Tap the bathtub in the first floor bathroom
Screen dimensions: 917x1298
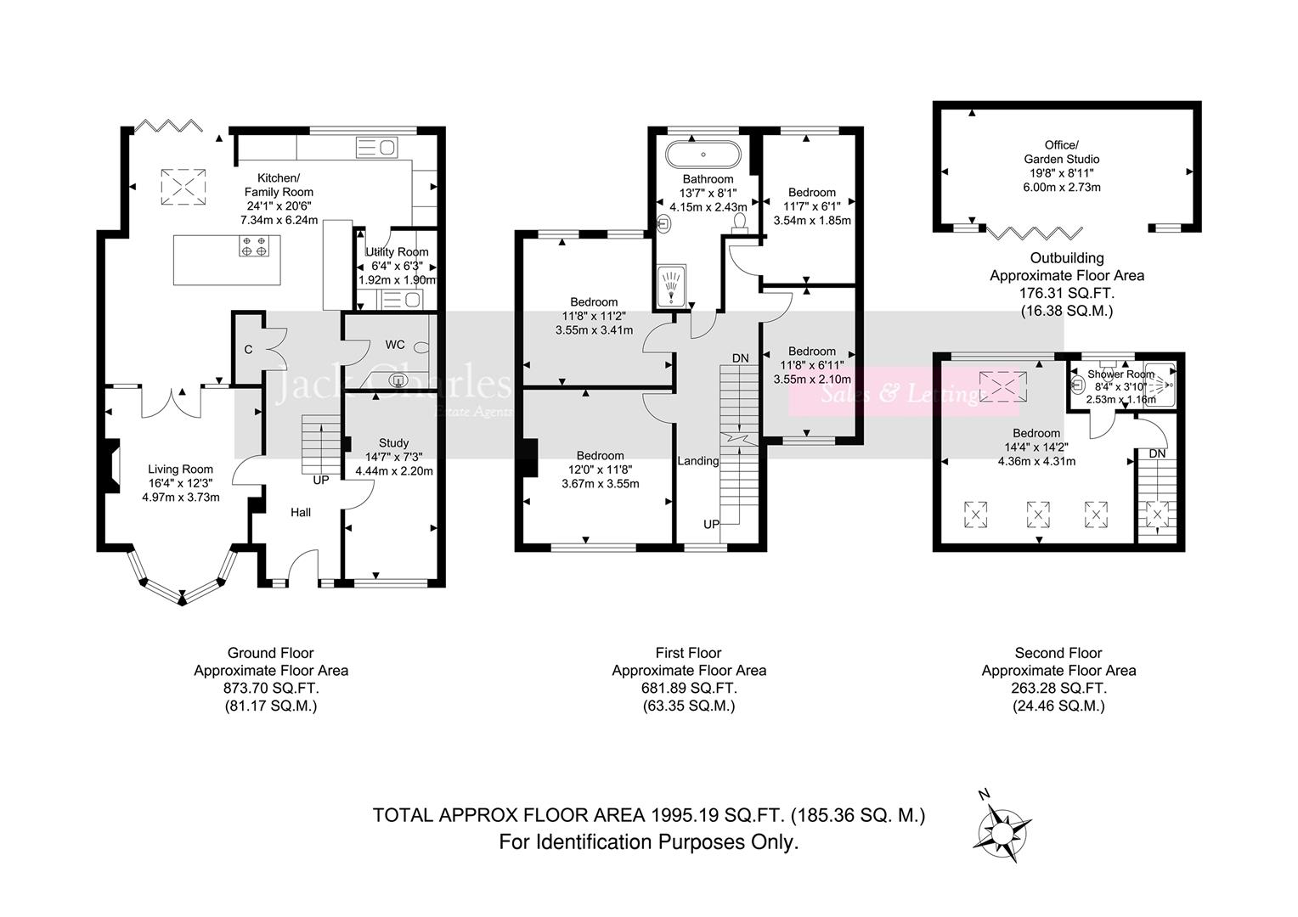click(703, 155)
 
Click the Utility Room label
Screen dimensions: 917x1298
click(397, 252)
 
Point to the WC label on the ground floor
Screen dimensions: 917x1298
click(395, 345)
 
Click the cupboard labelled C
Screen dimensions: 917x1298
click(248, 349)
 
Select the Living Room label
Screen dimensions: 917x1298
click(180, 469)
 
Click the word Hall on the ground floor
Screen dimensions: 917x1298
click(301, 512)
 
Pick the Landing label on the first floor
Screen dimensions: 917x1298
click(697, 461)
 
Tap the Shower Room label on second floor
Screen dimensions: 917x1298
click(1120, 374)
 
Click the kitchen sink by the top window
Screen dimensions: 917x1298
click(376, 148)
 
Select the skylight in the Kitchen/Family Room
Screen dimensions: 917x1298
click(183, 186)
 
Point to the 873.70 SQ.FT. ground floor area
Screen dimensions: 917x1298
click(270, 688)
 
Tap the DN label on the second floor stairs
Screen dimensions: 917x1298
click(1157, 453)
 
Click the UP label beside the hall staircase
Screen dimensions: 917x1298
click(321, 480)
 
